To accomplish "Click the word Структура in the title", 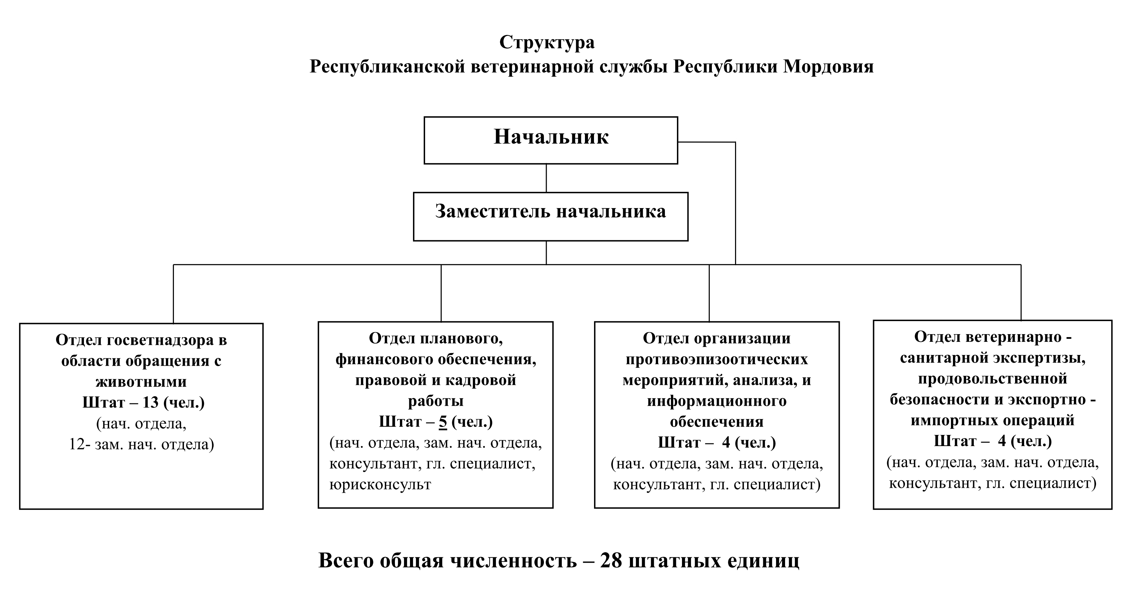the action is point(547,43).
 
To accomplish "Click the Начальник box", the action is point(551,141).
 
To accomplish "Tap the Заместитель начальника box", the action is point(551,217).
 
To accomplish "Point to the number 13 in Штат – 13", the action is point(150,403).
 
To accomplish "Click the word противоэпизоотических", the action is point(717,359).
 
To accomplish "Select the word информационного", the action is point(717,401).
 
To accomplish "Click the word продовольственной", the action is point(993,379).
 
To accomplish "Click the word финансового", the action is point(384,359).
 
